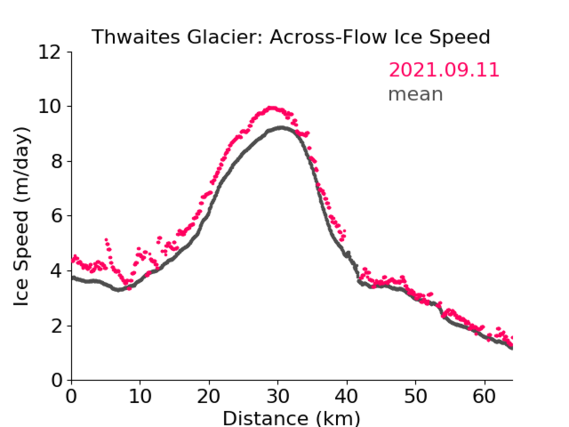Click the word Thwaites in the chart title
136,37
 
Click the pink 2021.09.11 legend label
444,70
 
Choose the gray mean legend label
416,94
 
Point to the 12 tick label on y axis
50,52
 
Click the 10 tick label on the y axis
50,107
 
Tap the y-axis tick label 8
56,161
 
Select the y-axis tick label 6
56,216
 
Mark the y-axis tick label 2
56,326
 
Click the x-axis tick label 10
140,396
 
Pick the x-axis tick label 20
209,396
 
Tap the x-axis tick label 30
278,396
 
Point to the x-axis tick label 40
347,396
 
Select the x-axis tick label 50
416,396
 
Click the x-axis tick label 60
484,396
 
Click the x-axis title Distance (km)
291,418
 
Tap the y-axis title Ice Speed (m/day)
21,216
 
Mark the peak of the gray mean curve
281,127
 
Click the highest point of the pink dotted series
271,108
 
